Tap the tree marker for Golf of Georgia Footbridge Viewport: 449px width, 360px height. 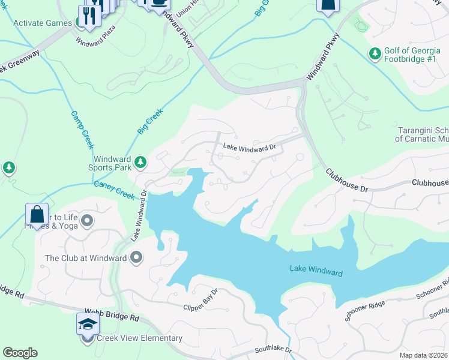[x=375, y=55]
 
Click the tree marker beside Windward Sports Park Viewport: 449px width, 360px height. [x=140, y=162]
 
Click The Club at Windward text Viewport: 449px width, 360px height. [x=86, y=258]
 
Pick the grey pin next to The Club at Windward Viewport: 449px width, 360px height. [x=136, y=258]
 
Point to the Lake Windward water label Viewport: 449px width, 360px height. [x=316, y=271]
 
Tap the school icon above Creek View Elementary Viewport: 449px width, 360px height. [x=87, y=324]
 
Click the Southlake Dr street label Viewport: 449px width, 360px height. [x=273, y=349]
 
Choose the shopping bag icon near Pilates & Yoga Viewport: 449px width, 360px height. [x=37, y=215]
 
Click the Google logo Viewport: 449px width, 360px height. [x=20, y=353]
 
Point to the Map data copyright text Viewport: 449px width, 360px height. [x=423, y=355]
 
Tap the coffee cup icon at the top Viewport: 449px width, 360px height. [x=159, y=3]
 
